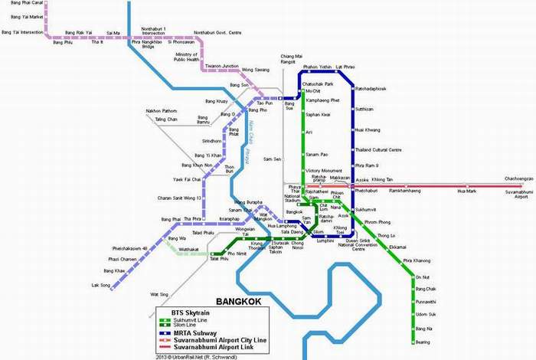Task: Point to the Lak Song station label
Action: [101, 285]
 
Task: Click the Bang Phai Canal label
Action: [18, 4]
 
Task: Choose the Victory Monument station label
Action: [323, 170]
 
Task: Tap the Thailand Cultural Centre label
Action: [378, 149]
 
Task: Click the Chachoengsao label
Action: [518, 178]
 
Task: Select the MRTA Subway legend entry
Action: [185, 332]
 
